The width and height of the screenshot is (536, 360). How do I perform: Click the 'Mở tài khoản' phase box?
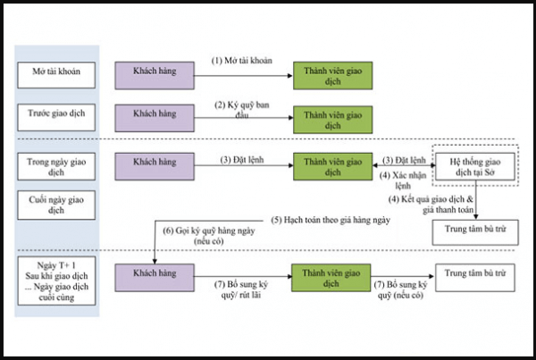tap(56, 75)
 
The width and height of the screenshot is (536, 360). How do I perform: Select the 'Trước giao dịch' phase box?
tap(56, 118)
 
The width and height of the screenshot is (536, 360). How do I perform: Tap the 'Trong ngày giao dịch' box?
tap(56, 166)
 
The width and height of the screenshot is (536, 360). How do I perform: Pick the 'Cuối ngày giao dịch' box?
tap(56, 205)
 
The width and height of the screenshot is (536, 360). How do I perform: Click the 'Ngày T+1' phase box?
tap(57, 280)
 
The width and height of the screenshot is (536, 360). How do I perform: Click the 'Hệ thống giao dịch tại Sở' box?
tap(475, 166)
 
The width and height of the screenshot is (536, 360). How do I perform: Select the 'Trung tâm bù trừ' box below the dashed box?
tap(475, 232)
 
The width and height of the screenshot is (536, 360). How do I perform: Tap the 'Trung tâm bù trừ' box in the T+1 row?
tap(475, 278)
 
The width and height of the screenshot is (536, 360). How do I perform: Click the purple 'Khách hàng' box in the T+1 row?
tap(155, 278)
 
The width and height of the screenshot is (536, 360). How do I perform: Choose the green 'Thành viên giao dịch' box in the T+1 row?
tap(331, 278)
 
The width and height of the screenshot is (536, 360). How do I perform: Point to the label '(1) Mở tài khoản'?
tap(242, 61)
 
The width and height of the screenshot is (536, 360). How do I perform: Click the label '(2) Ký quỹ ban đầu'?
tap(242, 110)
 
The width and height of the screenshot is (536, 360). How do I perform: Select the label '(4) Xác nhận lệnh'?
tap(403, 180)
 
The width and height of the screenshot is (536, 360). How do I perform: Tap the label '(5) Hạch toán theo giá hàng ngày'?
tap(331, 220)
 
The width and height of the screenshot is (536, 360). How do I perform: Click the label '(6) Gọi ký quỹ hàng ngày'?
tap(209, 230)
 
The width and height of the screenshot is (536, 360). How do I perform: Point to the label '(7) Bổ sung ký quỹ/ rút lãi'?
tap(241, 289)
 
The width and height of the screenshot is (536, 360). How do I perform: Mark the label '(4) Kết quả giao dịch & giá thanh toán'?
tap(431, 205)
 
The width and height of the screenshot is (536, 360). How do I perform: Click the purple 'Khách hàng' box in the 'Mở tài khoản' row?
tap(155, 76)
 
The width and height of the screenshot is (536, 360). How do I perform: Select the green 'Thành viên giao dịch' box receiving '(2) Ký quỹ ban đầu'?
tap(333, 120)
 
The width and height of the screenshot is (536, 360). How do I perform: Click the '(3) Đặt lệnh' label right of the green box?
tap(404, 160)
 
